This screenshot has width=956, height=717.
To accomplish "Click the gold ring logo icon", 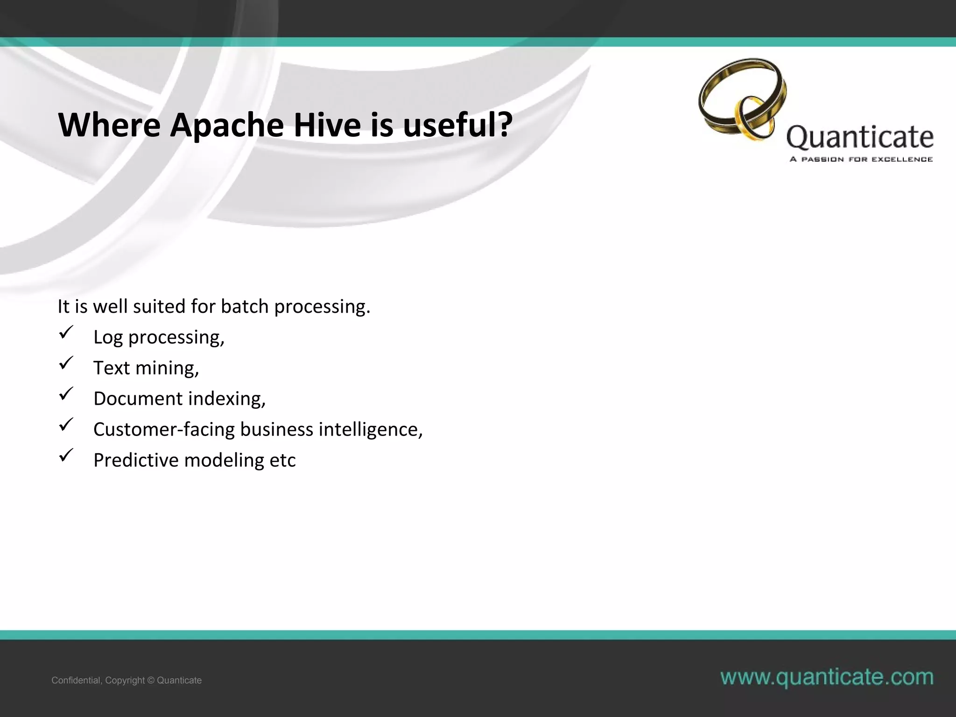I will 742,99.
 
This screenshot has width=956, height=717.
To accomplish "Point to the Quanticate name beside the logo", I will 860,137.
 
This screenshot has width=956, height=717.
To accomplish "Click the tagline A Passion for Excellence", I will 861,159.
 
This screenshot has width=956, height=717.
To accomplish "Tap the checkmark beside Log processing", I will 66,333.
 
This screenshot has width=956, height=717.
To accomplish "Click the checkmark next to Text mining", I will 66,364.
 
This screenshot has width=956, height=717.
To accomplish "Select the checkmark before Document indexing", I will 66,394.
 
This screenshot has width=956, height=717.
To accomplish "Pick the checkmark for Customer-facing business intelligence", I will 66,425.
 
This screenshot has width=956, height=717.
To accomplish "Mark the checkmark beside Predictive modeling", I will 66,456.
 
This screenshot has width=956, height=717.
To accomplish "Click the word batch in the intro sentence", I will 245,307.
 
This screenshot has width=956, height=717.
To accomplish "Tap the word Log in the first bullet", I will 108,337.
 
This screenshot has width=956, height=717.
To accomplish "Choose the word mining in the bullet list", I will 167,368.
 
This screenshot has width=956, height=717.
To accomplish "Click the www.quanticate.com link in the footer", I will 827,677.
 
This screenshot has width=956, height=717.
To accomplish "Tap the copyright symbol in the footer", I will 151,681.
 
